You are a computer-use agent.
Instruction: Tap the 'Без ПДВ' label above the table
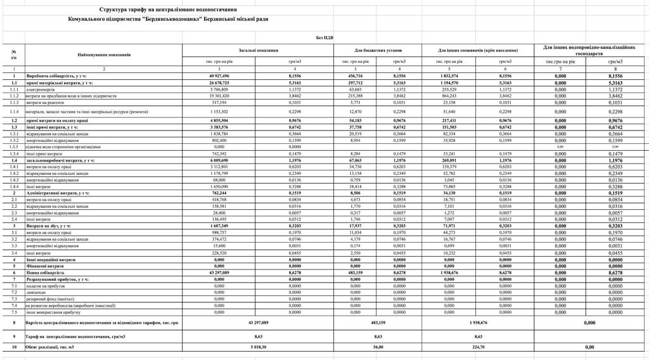point(325,38)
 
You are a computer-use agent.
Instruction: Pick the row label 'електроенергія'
point(40,89)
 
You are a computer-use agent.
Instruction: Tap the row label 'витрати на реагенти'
point(44,102)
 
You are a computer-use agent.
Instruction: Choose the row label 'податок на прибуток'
point(45,286)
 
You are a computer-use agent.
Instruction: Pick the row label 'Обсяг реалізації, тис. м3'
point(51,347)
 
